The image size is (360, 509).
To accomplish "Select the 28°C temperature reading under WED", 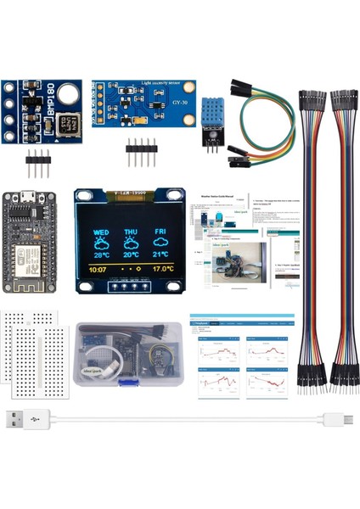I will [x=101, y=254].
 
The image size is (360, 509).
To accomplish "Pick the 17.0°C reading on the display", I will [x=162, y=270].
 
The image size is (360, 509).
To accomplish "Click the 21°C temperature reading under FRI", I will [x=160, y=254].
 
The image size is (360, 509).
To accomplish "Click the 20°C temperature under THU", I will [x=131, y=254].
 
